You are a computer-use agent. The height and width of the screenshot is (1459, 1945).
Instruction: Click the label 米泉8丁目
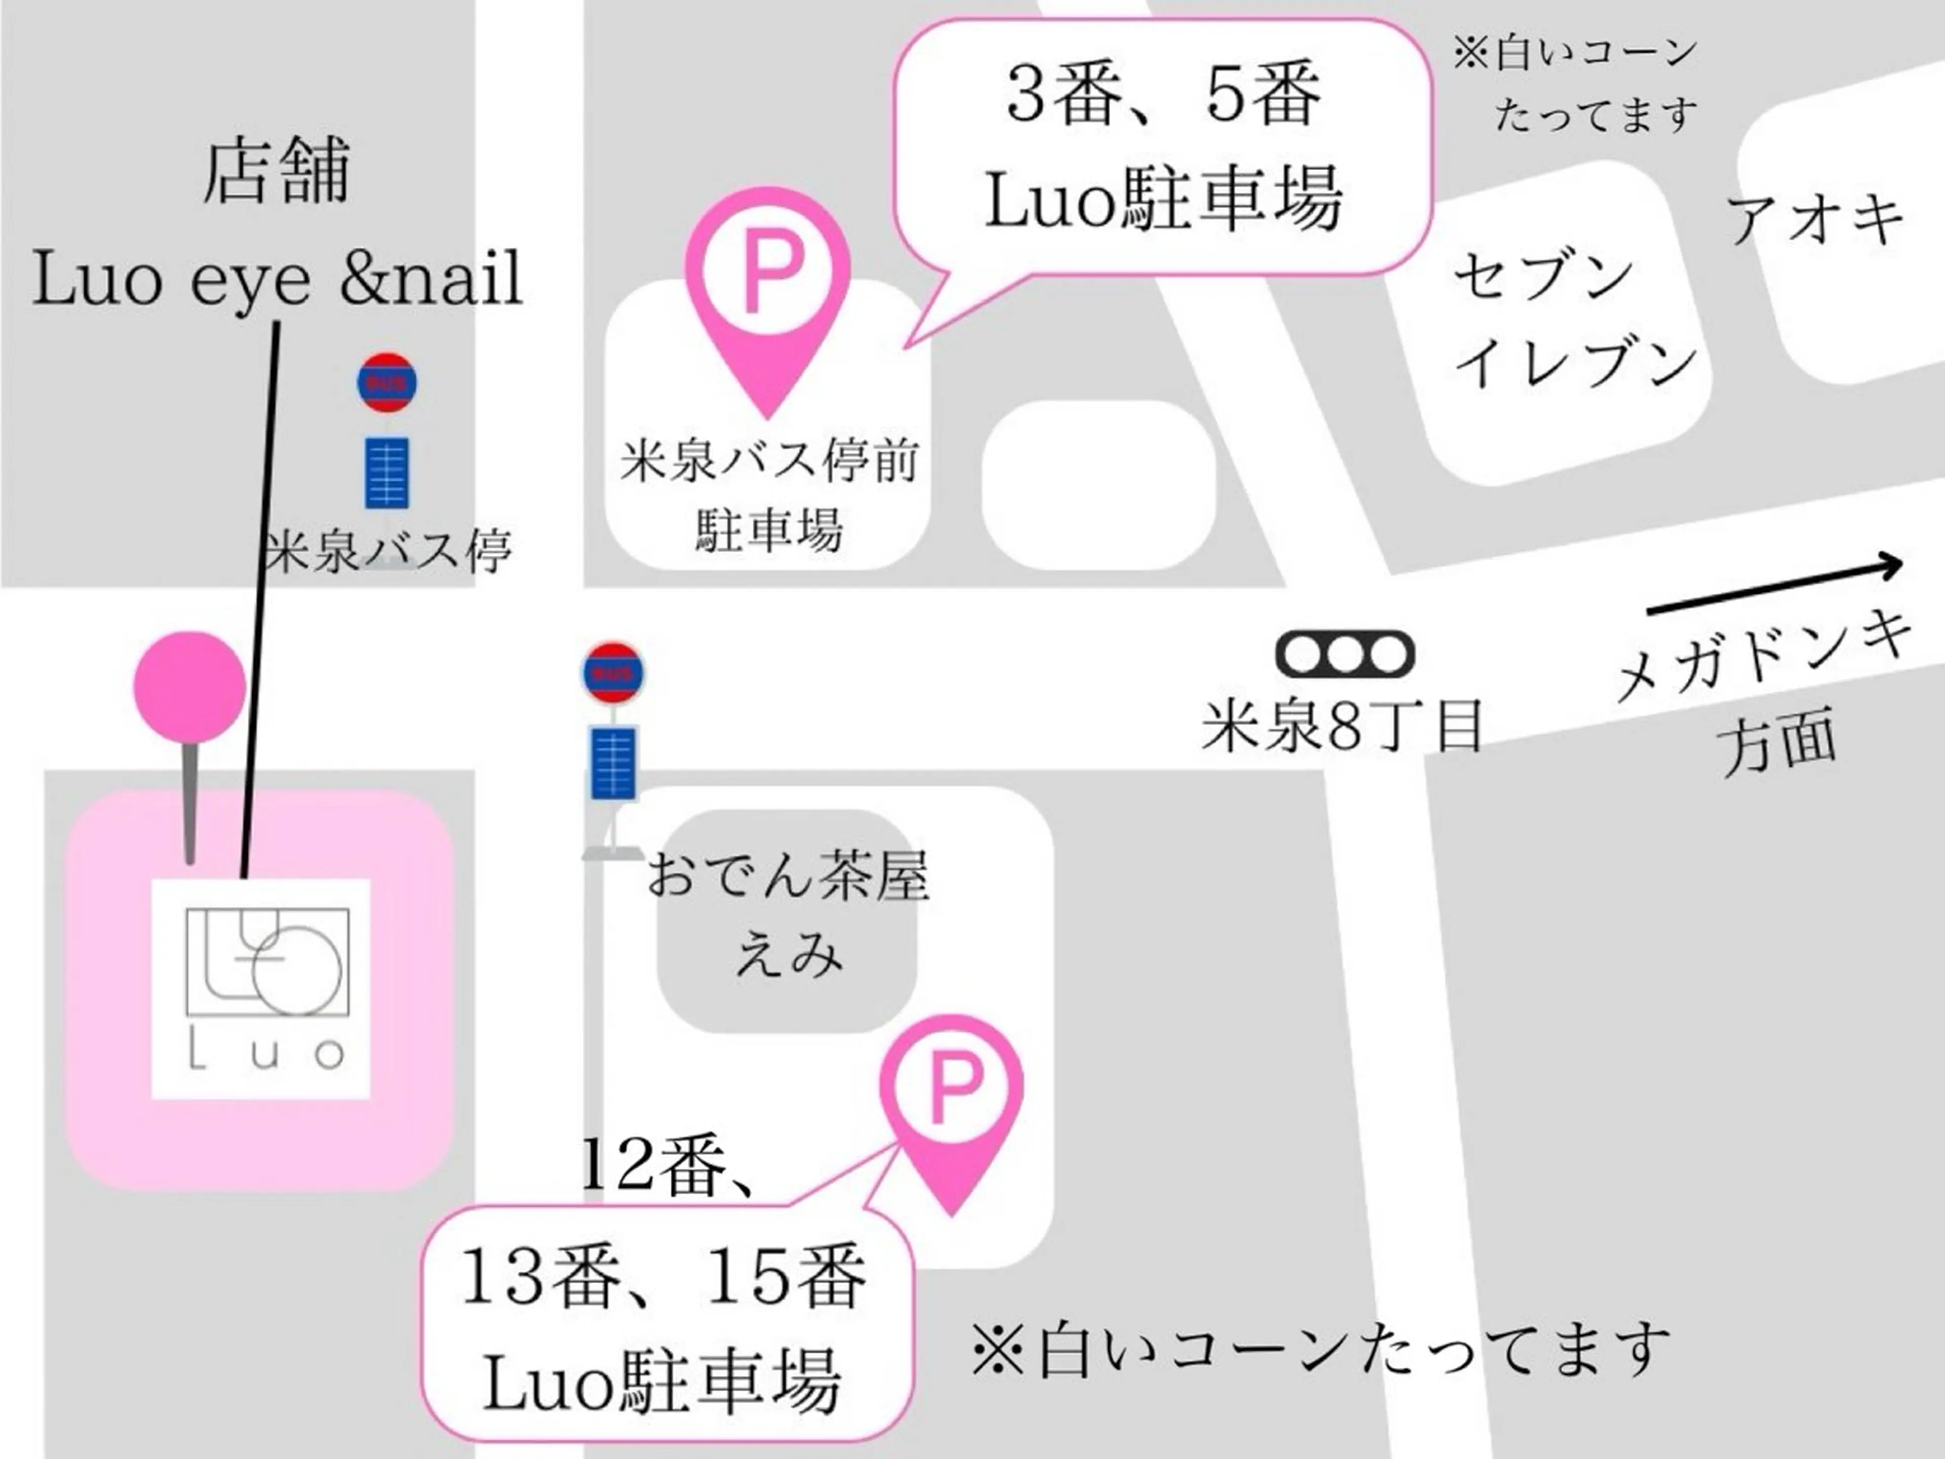pyautogui.click(x=1342, y=726)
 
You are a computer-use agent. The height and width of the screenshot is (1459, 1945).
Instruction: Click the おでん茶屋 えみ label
pyautogui.click(x=788, y=914)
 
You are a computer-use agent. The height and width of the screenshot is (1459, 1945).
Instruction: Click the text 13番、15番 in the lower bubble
pyautogui.click(x=664, y=1278)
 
